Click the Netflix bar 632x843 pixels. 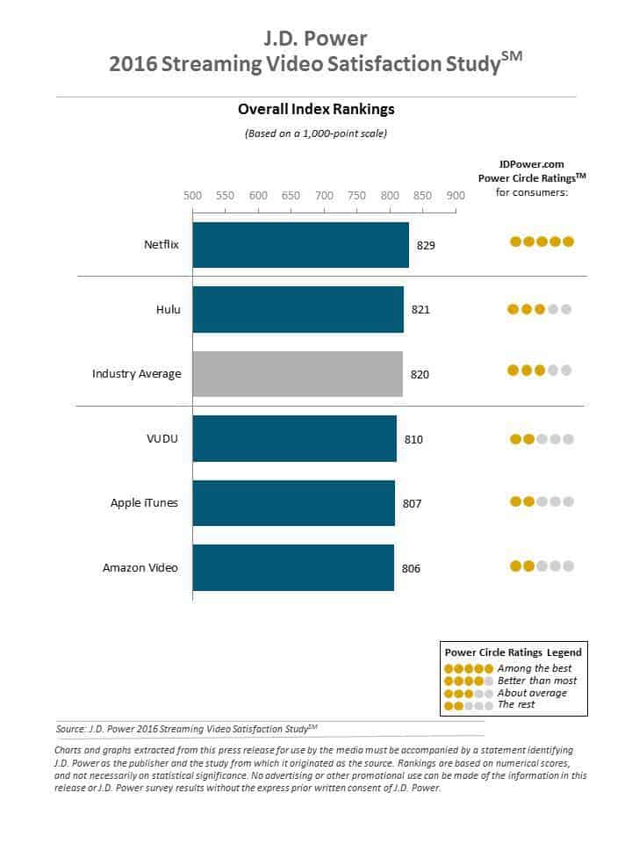[x=300, y=245]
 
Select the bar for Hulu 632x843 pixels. [x=298, y=309]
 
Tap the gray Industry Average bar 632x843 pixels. [x=298, y=374]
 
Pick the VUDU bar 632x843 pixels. [x=294, y=438]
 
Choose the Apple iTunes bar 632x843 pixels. [x=293, y=503]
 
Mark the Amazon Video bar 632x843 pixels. [x=292, y=567]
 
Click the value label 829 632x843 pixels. [x=426, y=246]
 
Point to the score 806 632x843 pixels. [x=411, y=568]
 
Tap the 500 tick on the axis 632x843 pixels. [x=192, y=196]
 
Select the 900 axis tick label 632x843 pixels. [x=455, y=196]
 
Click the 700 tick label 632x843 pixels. [x=324, y=196]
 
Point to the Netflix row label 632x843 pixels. [x=162, y=245]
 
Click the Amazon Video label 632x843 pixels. [x=140, y=567]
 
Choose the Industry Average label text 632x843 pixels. [x=136, y=374]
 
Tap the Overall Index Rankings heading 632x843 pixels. [x=316, y=110]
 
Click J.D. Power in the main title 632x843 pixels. [x=315, y=39]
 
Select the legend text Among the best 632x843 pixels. [x=532, y=668]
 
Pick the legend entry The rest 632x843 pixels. [x=516, y=704]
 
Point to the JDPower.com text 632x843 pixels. [x=531, y=163]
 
